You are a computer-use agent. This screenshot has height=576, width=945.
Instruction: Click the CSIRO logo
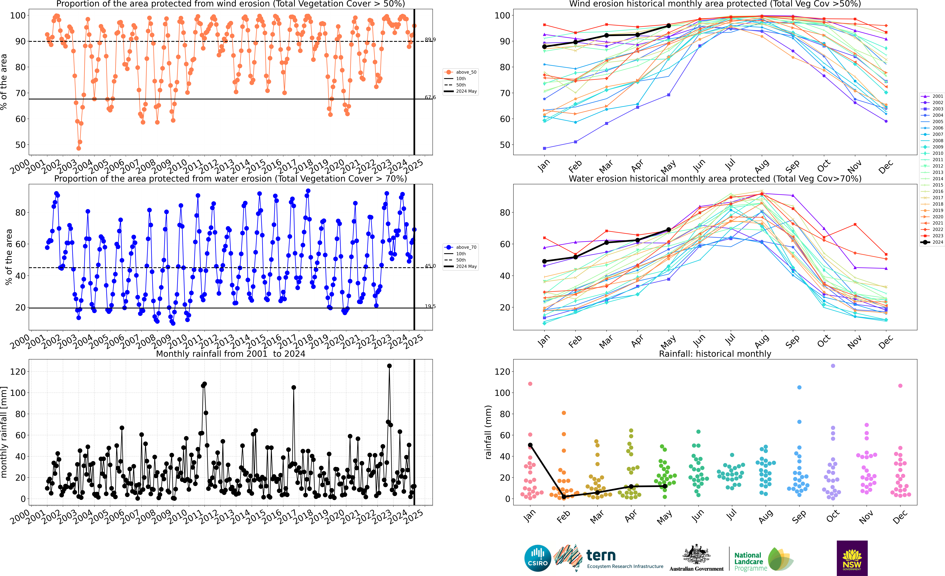coord(538,558)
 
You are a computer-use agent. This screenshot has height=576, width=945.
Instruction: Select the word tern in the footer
coord(601,555)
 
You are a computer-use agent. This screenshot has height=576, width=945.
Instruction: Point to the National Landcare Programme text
coord(751,561)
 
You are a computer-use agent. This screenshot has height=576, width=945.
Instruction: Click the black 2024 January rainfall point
coord(530,445)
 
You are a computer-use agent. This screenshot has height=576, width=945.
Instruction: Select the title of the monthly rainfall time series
coord(230,354)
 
